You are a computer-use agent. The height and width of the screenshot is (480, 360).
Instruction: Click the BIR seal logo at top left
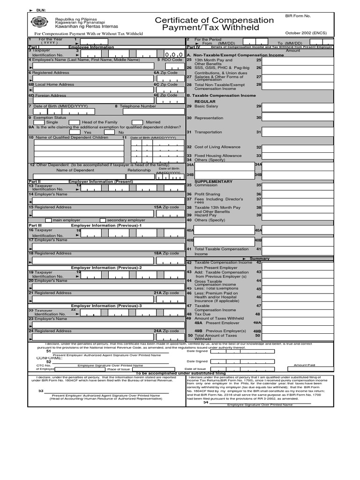pos(38,22)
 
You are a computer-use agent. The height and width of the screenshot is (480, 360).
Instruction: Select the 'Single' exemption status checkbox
pos(39,122)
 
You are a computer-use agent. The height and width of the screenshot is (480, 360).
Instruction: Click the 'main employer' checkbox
pos(48,220)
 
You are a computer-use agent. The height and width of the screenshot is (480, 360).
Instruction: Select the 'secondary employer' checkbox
pos(103,220)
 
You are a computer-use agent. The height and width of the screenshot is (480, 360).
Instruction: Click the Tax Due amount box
pos(298,314)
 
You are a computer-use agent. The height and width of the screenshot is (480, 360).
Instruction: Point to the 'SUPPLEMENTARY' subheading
pos(213,181)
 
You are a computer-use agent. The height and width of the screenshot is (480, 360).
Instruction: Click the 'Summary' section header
pos(259,259)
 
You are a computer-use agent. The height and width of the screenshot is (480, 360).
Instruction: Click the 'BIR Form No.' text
pos(298,16)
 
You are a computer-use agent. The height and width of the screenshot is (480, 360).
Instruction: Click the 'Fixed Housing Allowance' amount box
pos(298,156)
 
